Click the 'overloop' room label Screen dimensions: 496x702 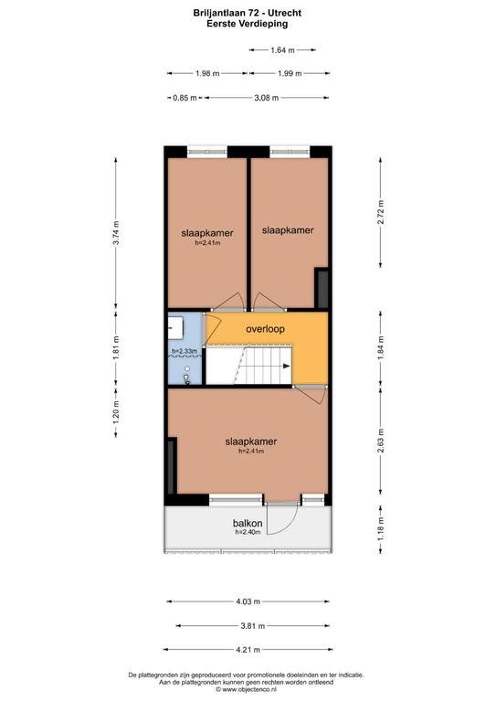pyautogui.click(x=265, y=329)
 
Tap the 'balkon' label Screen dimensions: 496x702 pyautogui.click(x=248, y=524)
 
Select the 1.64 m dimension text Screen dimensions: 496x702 pyautogui.click(x=282, y=50)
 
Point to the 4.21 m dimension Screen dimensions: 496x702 pyautogui.click(x=248, y=649)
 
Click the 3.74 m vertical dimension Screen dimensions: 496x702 pyautogui.click(x=116, y=233)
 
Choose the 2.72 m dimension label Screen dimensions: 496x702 pyautogui.click(x=381, y=212)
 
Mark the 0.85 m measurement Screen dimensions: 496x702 pyautogui.click(x=185, y=98)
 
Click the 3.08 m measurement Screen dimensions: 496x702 pyautogui.click(x=267, y=98)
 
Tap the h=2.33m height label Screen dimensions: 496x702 pyautogui.click(x=185, y=351)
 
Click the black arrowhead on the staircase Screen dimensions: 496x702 pyautogui.click(x=287, y=367)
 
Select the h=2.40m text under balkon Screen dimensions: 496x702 pyautogui.click(x=248, y=532)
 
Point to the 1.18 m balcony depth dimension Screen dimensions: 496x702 pyautogui.click(x=381, y=528)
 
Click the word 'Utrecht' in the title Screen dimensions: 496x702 pyautogui.click(x=285, y=13)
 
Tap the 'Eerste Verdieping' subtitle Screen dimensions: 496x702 pyautogui.click(x=248, y=24)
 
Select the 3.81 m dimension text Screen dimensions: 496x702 pyautogui.click(x=253, y=626)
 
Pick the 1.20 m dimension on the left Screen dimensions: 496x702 pyautogui.click(x=116, y=412)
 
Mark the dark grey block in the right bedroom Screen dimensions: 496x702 pyautogui.click(x=322, y=288)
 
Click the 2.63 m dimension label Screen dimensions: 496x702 pyautogui.click(x=381, y=441)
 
